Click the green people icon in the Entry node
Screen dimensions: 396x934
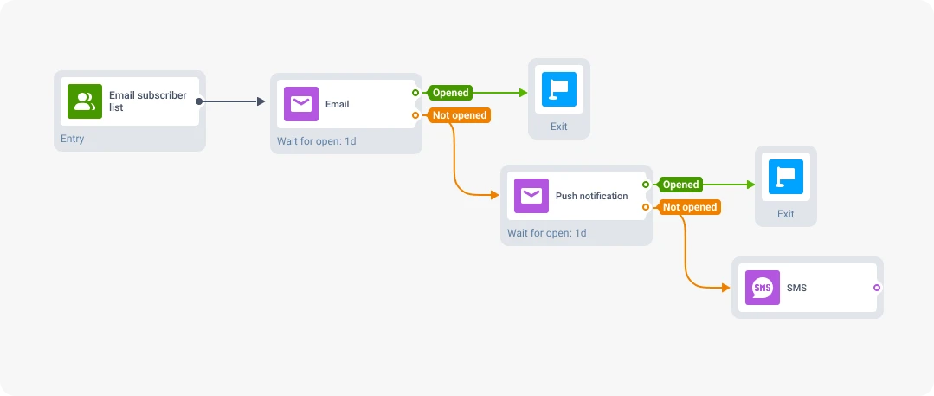pyautogui.click(x=85, y=101)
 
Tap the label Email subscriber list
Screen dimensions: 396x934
pyautogui.click(x=147, y=101)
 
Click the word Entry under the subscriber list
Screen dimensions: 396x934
pyautogui.click(x=73, y=139)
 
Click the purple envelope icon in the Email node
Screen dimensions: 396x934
pyautogui.click(x=301, y=104)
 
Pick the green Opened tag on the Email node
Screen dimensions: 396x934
pyautogui.click(x=450, y=93)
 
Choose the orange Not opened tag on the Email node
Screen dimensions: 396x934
pyautogui.click(x=460, y=115)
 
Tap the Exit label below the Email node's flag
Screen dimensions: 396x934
pyautogui.click(x=559, y=127)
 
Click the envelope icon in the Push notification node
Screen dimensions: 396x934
pyautogui.click(x=531, y=196)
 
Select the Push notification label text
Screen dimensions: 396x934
pyautogui.click(x=591, y=196)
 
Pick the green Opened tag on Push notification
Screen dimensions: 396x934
pyautogui.click(x=680, y=185)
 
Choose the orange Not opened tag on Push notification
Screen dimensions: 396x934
pyautogui.click(x=690, y=207)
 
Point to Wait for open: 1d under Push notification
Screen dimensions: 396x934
pyautogui.click(x=546, y=233)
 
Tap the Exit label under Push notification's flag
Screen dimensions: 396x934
pyautogui.click(x=786, y=214)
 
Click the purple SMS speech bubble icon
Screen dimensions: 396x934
pyautogui.click(x=763, y=288)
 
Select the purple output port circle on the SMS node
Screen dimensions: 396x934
pyautogui.click(x=877, y=288)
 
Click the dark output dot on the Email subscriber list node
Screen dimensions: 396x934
pyautogui.click(x=199, y=101)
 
